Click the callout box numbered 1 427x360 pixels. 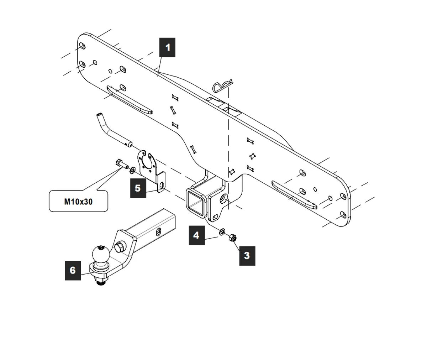(x=167, y=47)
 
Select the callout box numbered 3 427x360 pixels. (x=247, y=255)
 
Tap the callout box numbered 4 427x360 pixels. (x=196, y=235)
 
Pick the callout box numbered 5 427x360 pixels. (x=138, y=188)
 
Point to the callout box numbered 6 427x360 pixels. (x=73, y=270)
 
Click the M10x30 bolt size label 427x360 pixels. (x=78, y=202)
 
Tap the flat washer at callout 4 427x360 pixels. (x=222, y=232)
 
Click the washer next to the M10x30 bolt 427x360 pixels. (x=133, y=169)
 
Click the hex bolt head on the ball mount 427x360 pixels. (x=119, y=246)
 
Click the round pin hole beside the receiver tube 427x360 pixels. (x=224, y=199)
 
